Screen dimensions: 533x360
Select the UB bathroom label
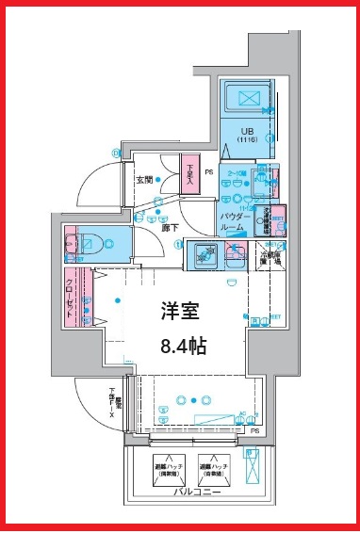coord(247,131)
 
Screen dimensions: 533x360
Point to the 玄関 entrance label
coord(145,180)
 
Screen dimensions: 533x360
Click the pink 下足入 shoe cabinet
coord(191,176)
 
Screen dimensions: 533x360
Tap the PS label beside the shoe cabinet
coord(209,172)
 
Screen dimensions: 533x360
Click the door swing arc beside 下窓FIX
coord(94,400)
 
